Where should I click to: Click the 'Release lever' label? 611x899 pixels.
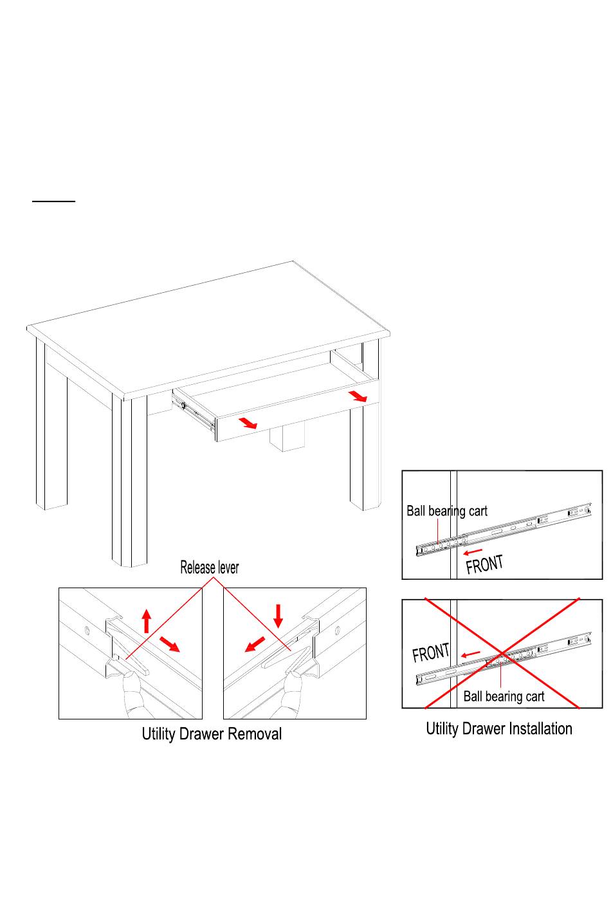[x=209, y=568]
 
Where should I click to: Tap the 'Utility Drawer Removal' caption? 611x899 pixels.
[x=212, y=734]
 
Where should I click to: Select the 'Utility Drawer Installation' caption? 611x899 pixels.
[x=499, y=728]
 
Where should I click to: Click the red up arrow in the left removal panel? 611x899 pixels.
[x=147, y=620]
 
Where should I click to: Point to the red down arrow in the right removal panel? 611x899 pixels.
[x=278, y=616]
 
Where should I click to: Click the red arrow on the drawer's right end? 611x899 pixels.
[x=358, y=396]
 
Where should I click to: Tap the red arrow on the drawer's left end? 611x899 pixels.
[x=247, y=422]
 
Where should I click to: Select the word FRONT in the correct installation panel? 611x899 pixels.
[x=484, y=564]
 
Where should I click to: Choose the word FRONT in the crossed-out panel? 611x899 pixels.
[x=431, y=653]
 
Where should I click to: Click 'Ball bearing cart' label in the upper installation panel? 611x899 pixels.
[x=447, y=511]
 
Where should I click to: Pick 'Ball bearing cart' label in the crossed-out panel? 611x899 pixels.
[x=504, y=696]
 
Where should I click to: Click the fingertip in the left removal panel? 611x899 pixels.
[x=131, y=676]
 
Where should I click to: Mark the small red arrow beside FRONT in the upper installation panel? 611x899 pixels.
[x=473, y=552]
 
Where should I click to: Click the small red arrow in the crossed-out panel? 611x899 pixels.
[x=471, y=654]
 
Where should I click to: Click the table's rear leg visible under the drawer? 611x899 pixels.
[x=286, y=438]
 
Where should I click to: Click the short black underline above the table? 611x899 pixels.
[x=54, y=201]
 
